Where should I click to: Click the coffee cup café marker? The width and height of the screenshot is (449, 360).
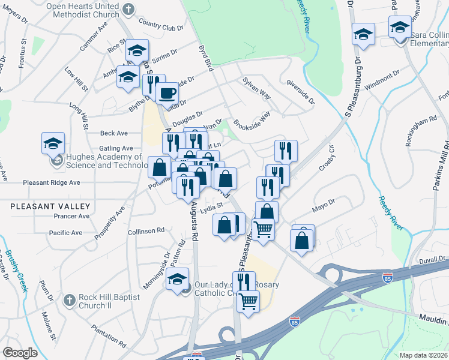pos(167,93)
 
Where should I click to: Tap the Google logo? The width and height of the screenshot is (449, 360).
pos(20,353)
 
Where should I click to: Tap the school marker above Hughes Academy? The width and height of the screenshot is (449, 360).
pos(53,144)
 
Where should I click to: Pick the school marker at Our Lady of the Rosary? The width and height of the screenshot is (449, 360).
pos(177,279)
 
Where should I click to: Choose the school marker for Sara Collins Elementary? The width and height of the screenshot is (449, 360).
pos(400,27)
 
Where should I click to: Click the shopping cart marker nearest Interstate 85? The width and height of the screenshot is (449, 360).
pos(247,301)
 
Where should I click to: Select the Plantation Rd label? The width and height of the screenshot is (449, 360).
pos(109,337)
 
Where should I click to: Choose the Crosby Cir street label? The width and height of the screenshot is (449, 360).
pos(330,158)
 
